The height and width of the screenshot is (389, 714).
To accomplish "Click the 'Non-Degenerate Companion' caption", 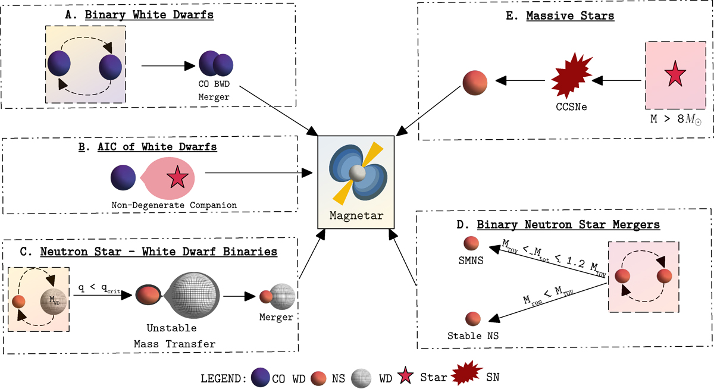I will tap(174, 205).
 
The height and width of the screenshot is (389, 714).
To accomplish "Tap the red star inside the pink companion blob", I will tap(177, 178).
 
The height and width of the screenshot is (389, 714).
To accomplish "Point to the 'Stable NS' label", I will tap(472, 337).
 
